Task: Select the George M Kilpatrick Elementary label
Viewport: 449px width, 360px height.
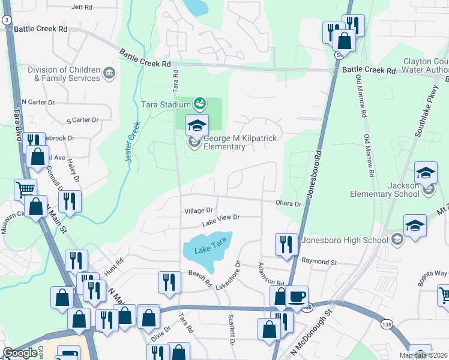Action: (240, 142)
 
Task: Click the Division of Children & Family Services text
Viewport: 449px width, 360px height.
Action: (64, 74)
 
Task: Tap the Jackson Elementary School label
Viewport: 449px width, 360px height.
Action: (389, 190)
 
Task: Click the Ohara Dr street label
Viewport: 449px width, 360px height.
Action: (289, 204)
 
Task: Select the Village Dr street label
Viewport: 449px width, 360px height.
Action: (199, 211)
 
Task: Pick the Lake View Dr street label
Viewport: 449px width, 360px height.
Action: (220, 219)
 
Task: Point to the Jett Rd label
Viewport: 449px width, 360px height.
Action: (82, 7)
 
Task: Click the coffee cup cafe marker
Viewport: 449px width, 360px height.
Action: (297, 296)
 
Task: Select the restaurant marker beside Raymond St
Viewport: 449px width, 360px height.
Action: (286, 244)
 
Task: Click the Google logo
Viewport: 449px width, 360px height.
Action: (20, 353)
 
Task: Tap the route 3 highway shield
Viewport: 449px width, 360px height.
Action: (6, 20)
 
